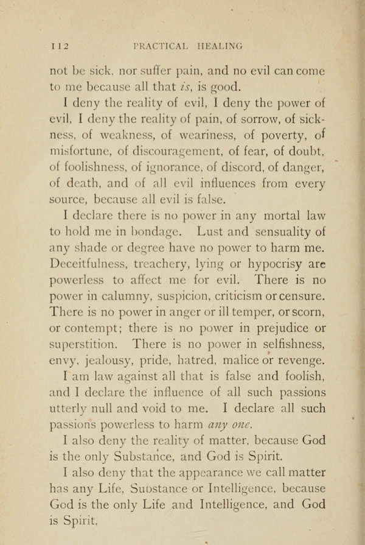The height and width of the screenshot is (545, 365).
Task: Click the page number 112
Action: click(60, 45)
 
